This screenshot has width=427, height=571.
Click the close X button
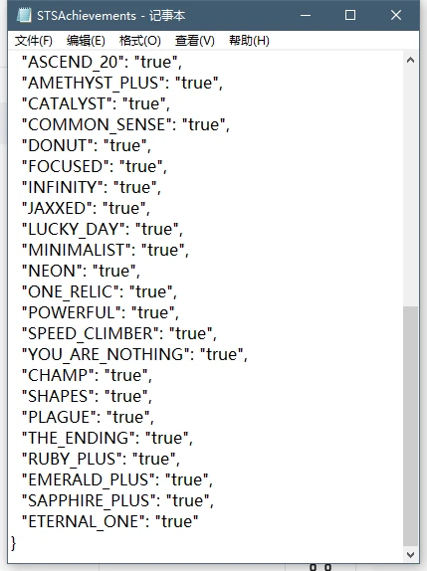click(x=396, y=15)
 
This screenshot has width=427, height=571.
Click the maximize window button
click(x=350, y=15)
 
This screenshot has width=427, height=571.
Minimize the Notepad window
click(x=306, y=15)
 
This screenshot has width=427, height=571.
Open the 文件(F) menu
click(x=34, y=41)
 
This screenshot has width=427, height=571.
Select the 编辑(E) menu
click(x=86, y=41)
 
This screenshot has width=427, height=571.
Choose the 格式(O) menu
click(x=140, y=41)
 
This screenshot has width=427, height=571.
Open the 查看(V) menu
click(x=194, y=41)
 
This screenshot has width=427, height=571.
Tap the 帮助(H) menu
click(x=249, y=41)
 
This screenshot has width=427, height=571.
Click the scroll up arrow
click(x=410, y=61)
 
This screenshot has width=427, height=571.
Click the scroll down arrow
click(x=410, y=555)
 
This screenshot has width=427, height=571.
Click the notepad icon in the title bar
click(x=24, y=15)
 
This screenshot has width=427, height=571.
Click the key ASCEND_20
click(x=73, y=62)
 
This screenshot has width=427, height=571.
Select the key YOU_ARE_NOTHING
click(x=106, y=355)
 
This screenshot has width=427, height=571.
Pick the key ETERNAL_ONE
click(x=84, y=521)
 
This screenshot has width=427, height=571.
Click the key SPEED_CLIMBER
click(x=91, y=334)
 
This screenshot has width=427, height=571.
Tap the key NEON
click(x=52, y=271)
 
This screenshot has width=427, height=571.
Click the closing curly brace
click(x=14, y=543)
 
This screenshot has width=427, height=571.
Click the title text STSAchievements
click(x=87, y=16)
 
